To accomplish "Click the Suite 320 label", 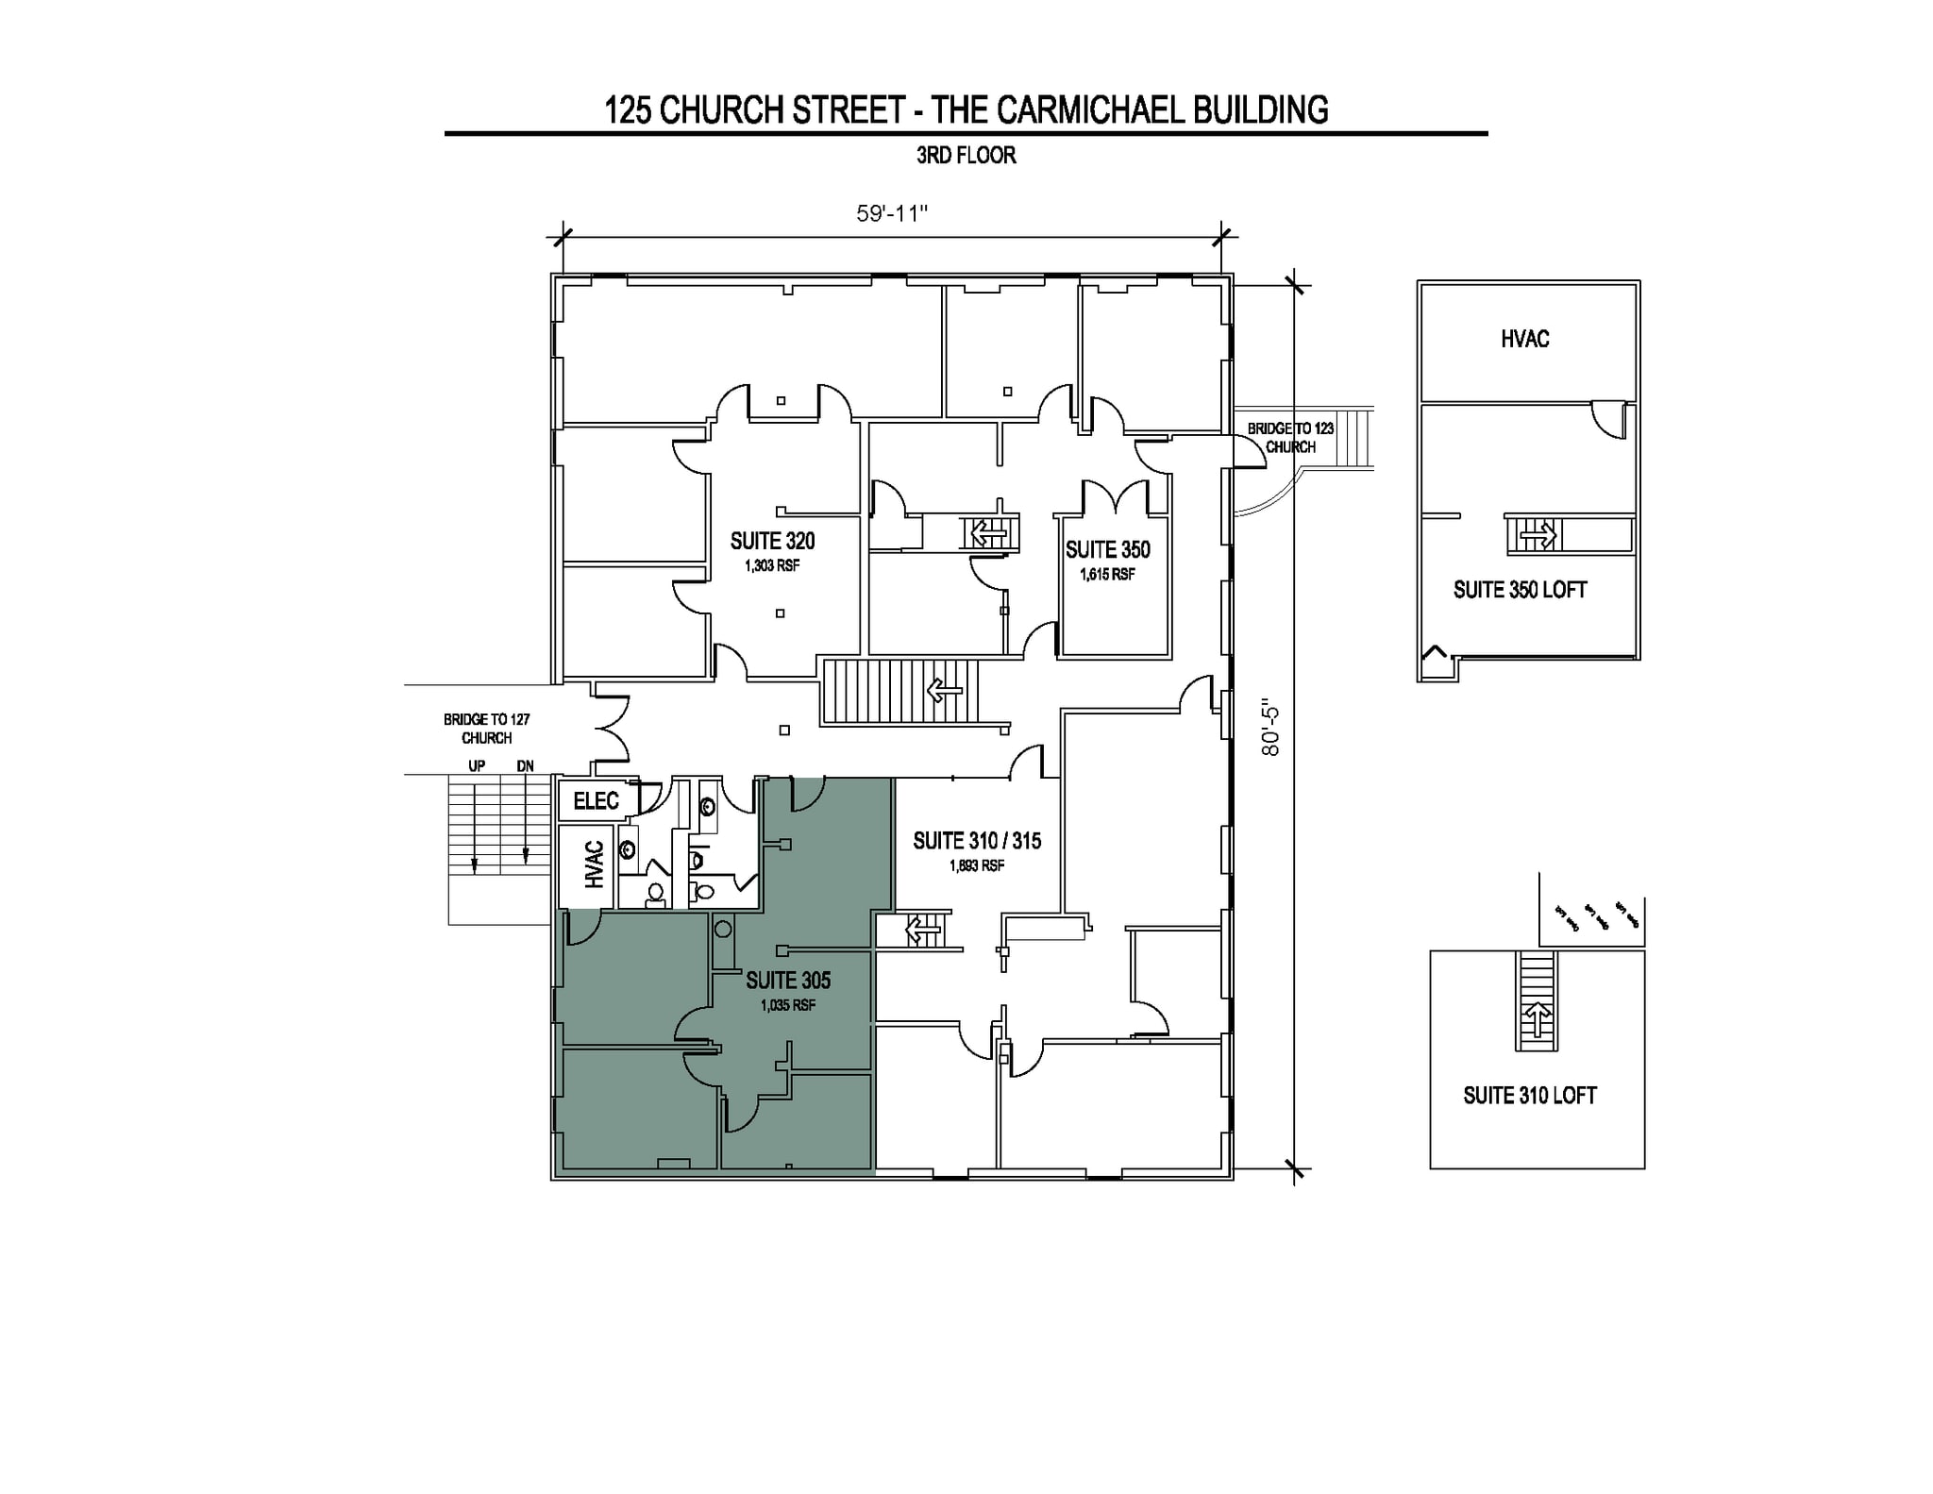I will pyautogui.click(x=772, y=541).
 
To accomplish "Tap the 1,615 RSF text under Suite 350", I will pyautogui.click(x=1107, y=574).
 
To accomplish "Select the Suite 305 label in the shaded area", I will pyautogui.click(x=788, y=981).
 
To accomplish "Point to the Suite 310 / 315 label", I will pyautogui.click(x=977, y=841).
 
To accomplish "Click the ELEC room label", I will pyautogui.click(x=596, y=801).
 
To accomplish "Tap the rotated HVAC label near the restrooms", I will pyautogui.click(x=594, y=865).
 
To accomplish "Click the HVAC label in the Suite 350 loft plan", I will pyautogui.click(x=1524, y=339).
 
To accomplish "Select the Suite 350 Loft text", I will pyautogui.click(x=1520, y=590).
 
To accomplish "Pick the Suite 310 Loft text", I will pyautogui.click(x=1529, y=1096).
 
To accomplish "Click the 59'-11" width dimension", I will pyautogui.click(x=892, y=213).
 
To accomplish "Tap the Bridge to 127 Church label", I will pyautogui.click(x=486, y=729).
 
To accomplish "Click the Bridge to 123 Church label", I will pyautogui.click(x=1290, y=438).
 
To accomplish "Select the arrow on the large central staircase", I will pyautogui.click(x=944, y=691).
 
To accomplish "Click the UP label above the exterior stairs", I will pyautogui.click(x=477, y=766).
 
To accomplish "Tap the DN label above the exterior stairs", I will pyautogui.click(x=525, y=766).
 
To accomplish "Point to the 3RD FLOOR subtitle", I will pyautogui.click(x=966, y=156).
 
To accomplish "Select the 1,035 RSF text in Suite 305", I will pyautogui.click(x=788, y=1005).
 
